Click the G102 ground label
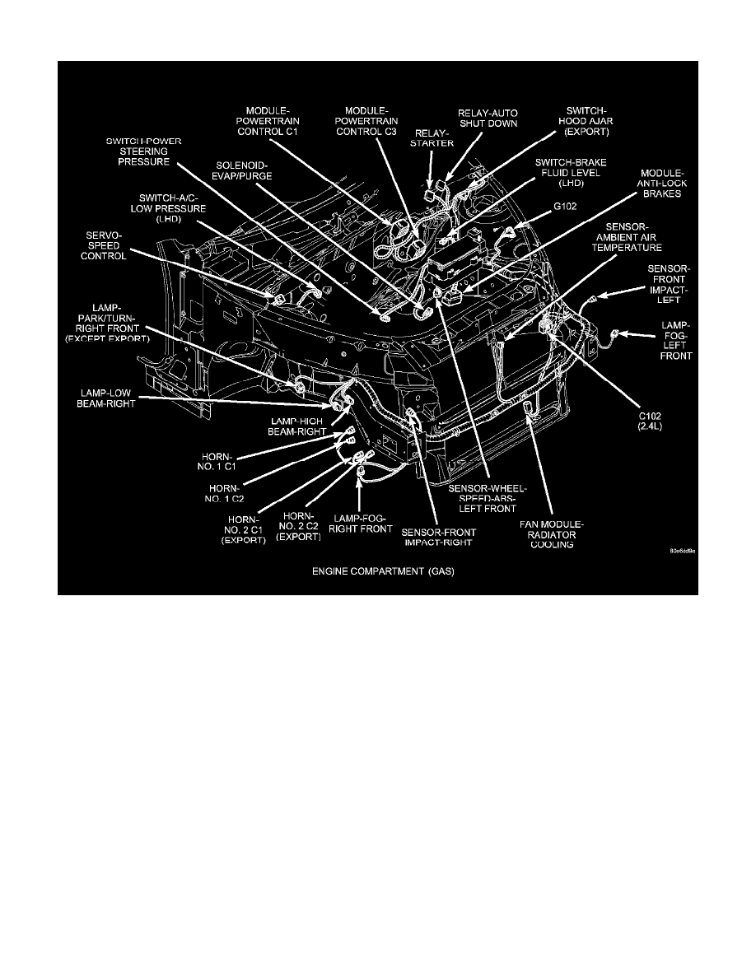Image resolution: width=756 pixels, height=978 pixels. click(565, 206)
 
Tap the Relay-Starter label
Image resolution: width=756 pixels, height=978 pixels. click(432, 137)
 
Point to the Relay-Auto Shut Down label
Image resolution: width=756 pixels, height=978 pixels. click(488, 118)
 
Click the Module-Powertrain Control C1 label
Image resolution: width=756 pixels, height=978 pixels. click(268, 121)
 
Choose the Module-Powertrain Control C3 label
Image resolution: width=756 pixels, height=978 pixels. click(366, 121)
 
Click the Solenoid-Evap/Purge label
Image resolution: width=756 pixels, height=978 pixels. click(244, 171)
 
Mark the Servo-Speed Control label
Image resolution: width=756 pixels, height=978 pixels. click(104, 246)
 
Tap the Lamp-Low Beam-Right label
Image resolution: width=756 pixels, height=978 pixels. click(106, 398)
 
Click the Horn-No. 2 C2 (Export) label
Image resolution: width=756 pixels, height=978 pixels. click(298, 526)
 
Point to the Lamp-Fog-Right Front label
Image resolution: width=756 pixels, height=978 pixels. click(361, 524)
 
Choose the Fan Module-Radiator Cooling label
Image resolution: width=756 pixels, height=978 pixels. click(552, 534)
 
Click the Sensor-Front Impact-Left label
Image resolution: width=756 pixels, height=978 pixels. click(669, 284)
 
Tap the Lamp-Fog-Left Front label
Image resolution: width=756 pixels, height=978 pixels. click(676, 340)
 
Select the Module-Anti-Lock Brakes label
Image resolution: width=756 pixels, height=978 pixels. click(662, 184)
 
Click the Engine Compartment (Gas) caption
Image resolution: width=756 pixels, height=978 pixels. click(383, 570)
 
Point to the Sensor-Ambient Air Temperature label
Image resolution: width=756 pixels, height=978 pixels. click(626, 237)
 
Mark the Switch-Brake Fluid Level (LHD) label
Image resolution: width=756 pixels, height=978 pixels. click(571, 172)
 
